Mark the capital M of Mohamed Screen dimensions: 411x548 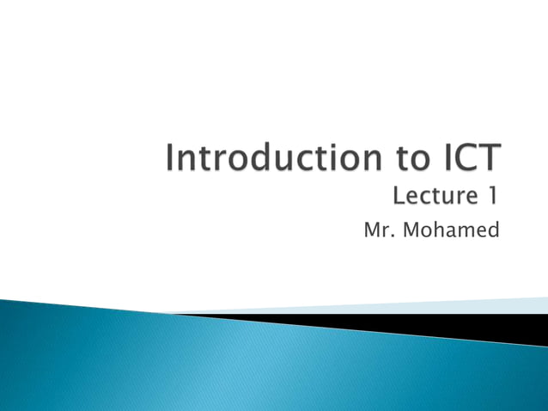pos(410,230)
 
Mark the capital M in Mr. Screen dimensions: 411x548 pos(371,230)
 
